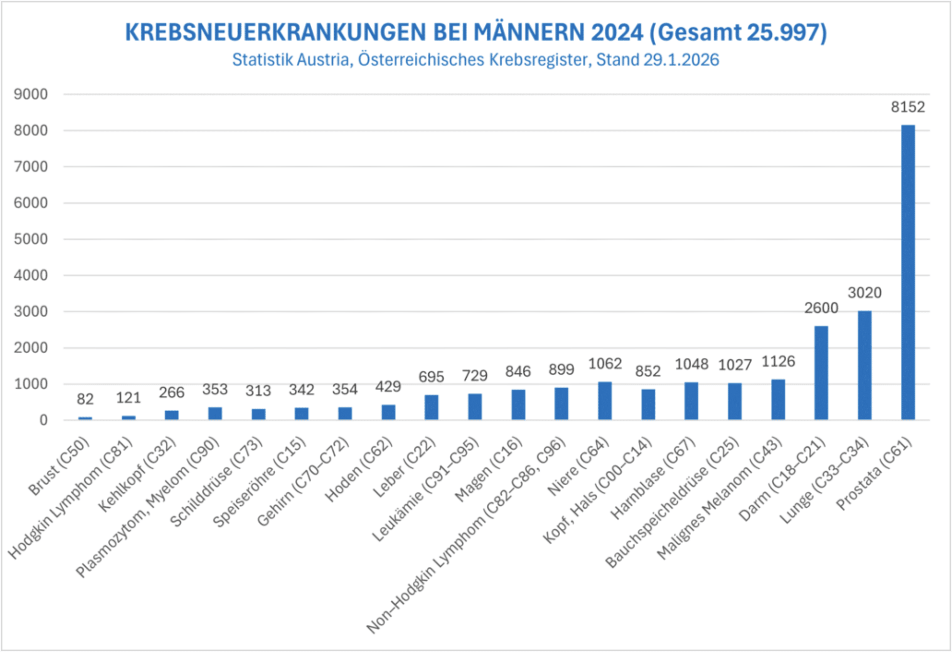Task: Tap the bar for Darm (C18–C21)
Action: [821, 373]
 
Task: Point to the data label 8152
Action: [908, 107]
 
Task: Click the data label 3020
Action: [864, 293]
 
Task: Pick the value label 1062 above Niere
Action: [605, 363]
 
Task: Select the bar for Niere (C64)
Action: [605, 401]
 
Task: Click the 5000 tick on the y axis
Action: [31, 239]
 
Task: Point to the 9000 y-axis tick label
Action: [31, 94]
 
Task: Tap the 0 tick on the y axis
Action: [43, 420]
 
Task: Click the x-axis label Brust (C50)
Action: [59, 466]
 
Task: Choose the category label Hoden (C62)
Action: [359, 469]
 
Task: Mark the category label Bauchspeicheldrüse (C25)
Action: [672, 502]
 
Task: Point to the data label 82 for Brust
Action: [85, 399]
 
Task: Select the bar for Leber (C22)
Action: [431, 407]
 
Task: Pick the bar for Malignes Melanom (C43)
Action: [778, 399]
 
